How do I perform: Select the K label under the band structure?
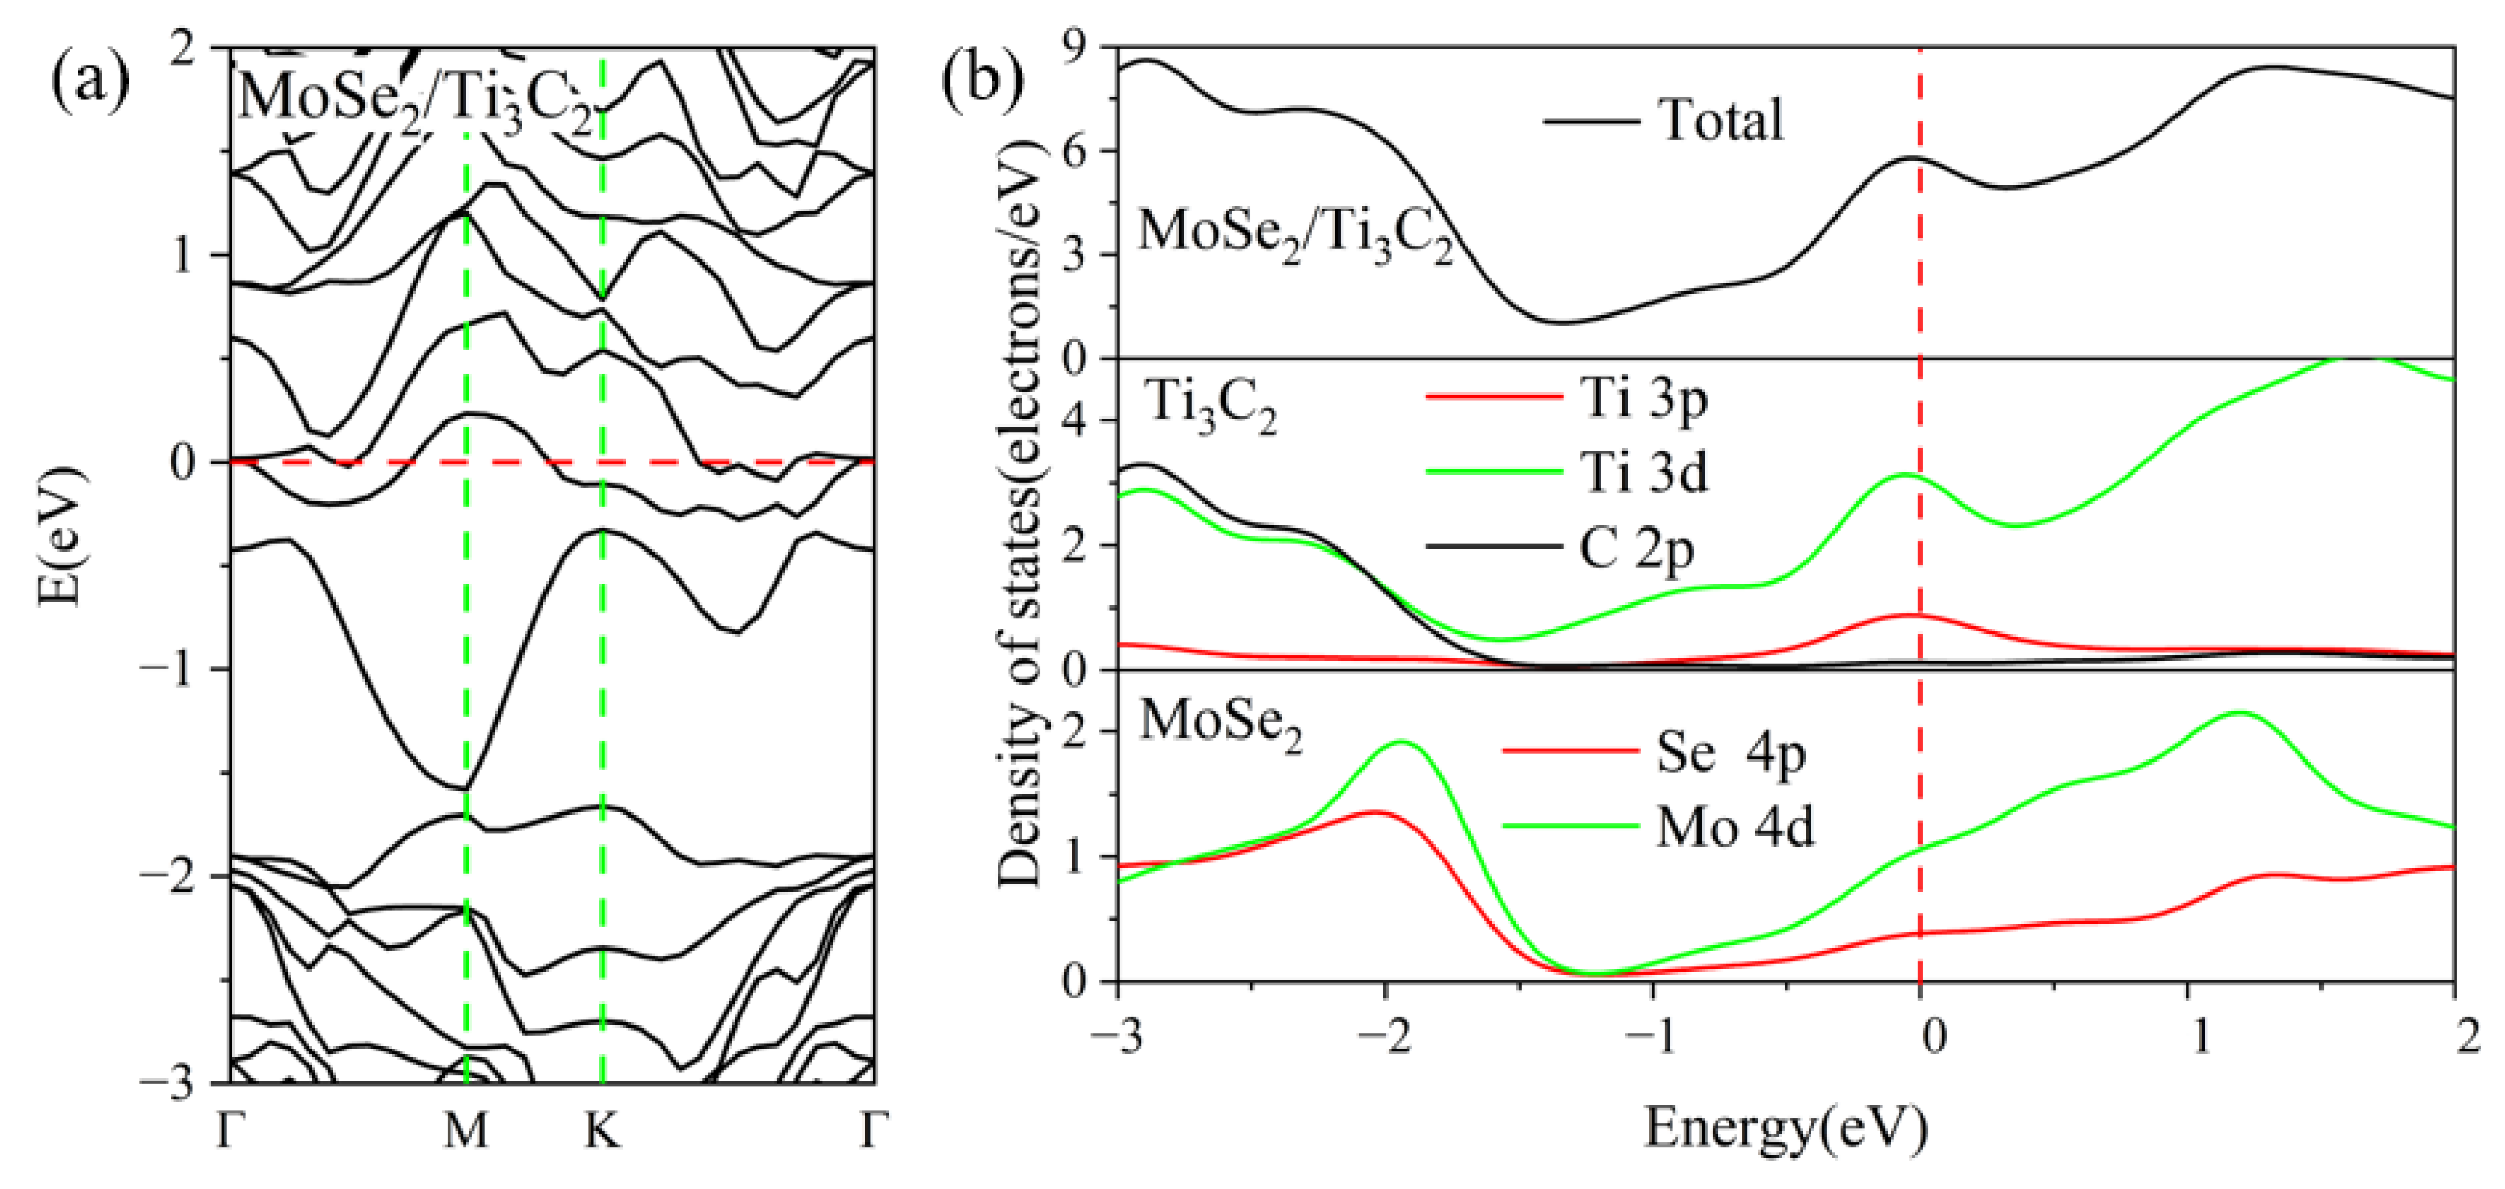[602, 1131]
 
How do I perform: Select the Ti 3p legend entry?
[1643, 398]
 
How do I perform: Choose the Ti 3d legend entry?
[1643, 475]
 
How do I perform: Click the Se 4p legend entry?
[1730, 753]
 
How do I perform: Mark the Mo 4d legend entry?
[1734, 828]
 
